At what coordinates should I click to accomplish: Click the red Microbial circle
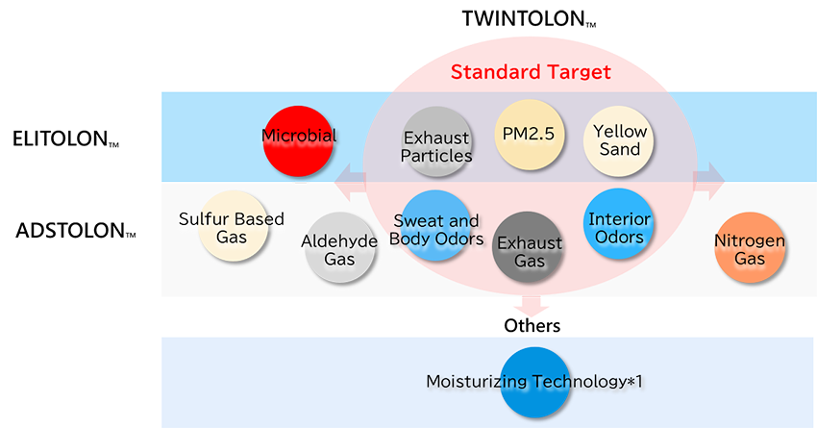298,140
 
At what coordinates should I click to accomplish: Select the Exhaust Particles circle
437,141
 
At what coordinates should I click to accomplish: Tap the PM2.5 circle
530,135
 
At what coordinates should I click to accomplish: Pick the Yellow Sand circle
618,140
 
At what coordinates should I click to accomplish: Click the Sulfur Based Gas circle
233,226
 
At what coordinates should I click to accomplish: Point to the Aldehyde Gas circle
340,247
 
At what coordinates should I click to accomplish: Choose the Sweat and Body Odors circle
436,225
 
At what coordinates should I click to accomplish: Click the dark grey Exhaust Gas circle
528,246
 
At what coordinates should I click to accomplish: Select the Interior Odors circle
618,224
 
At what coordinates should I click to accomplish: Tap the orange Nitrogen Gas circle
750,247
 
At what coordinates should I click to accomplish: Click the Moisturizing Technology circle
534,382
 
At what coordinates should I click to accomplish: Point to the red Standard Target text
531,72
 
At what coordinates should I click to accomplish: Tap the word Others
532,325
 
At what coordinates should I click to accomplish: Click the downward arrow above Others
532,305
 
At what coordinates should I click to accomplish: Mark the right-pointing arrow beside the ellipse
709,181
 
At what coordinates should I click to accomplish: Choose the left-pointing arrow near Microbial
350,181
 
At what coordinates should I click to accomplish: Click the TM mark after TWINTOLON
591,24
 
